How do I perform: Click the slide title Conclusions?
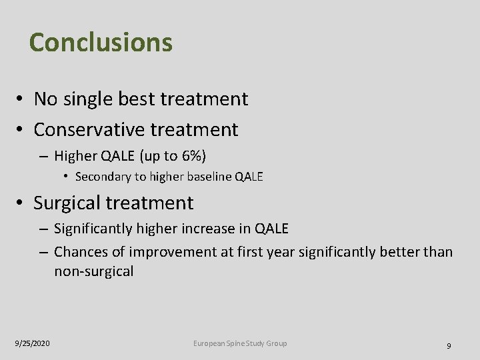click(x=101, y=42)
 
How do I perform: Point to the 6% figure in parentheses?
click(x=191, y=156)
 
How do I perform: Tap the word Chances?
click(x=82, y=252)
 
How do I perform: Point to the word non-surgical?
click(x=93, y=271)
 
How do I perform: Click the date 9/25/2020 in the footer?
click(x=32, y=343)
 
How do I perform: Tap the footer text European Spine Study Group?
click(x=240, y=343)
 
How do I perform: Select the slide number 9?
click(x=449, y=345)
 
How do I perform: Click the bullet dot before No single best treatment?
click(x=21, y=100)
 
